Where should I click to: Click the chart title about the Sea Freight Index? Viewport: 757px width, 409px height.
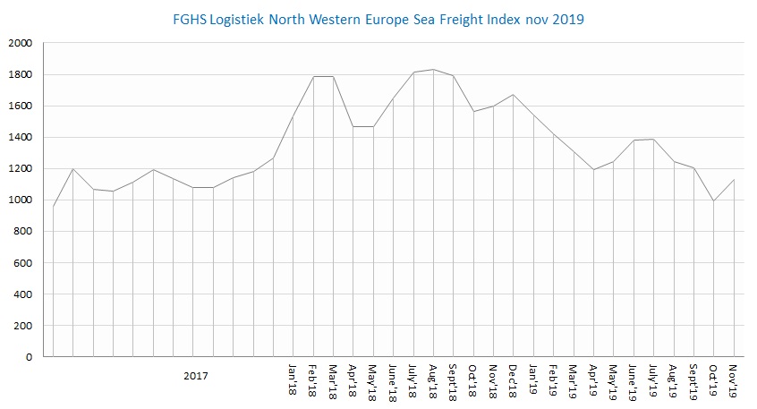pyautogui.click(x=378, y=20)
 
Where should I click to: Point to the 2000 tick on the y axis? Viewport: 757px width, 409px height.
pyautogui.click(x=21, y=43)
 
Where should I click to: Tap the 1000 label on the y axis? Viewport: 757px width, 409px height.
pyautogui.click(x=21, y=200)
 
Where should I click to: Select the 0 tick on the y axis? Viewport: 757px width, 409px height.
pyautogui.click(x=29, y=357)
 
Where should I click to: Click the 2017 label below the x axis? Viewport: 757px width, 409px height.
pyautogui.click(x=196, y=376)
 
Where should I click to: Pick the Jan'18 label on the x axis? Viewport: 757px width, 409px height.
pyautogui.click(x=293, y=379)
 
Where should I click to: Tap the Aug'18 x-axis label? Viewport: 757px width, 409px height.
pyautogui.click(x=433, y=381)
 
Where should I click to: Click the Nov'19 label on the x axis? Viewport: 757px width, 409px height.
pyautogui.click(x=734, y=381)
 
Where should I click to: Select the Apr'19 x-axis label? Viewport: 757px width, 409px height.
pyautogui.click(x=593, y=380)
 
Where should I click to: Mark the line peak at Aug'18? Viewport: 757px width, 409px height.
pyautogui.click(x=434, y=70)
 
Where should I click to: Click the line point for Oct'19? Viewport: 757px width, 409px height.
pyautogui.click(x=713, y=200)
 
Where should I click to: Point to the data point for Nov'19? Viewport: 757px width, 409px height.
pyautogui.click(x=734, y=180)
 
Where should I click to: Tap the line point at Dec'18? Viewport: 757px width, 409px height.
pyautogui.click(x=514, y=95)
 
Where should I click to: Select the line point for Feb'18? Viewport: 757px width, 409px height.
pyautogui.click(x=313, y=77)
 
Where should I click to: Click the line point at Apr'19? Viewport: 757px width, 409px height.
pyautogui.click(x=593, y=170)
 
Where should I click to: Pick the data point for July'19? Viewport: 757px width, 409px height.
pyautogui.click(x=654, y=139)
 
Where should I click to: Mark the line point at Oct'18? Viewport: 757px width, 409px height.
pyautogui.click(x=473, y=112)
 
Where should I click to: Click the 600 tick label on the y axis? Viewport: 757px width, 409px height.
pyautogui.click(x=23, y=263)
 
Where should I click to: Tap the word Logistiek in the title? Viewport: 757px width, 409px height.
pyautogui.click(x=237, y=21)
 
